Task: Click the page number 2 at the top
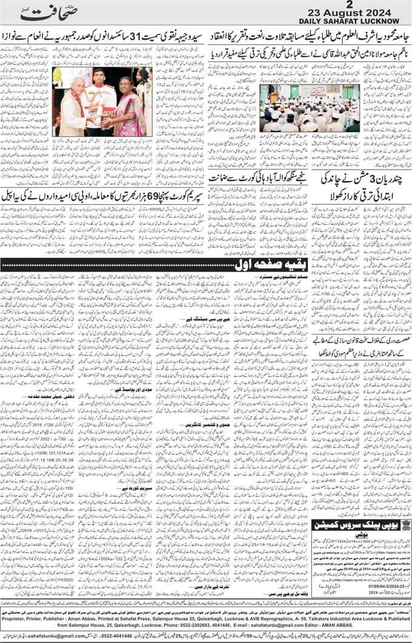coord(365,5)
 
